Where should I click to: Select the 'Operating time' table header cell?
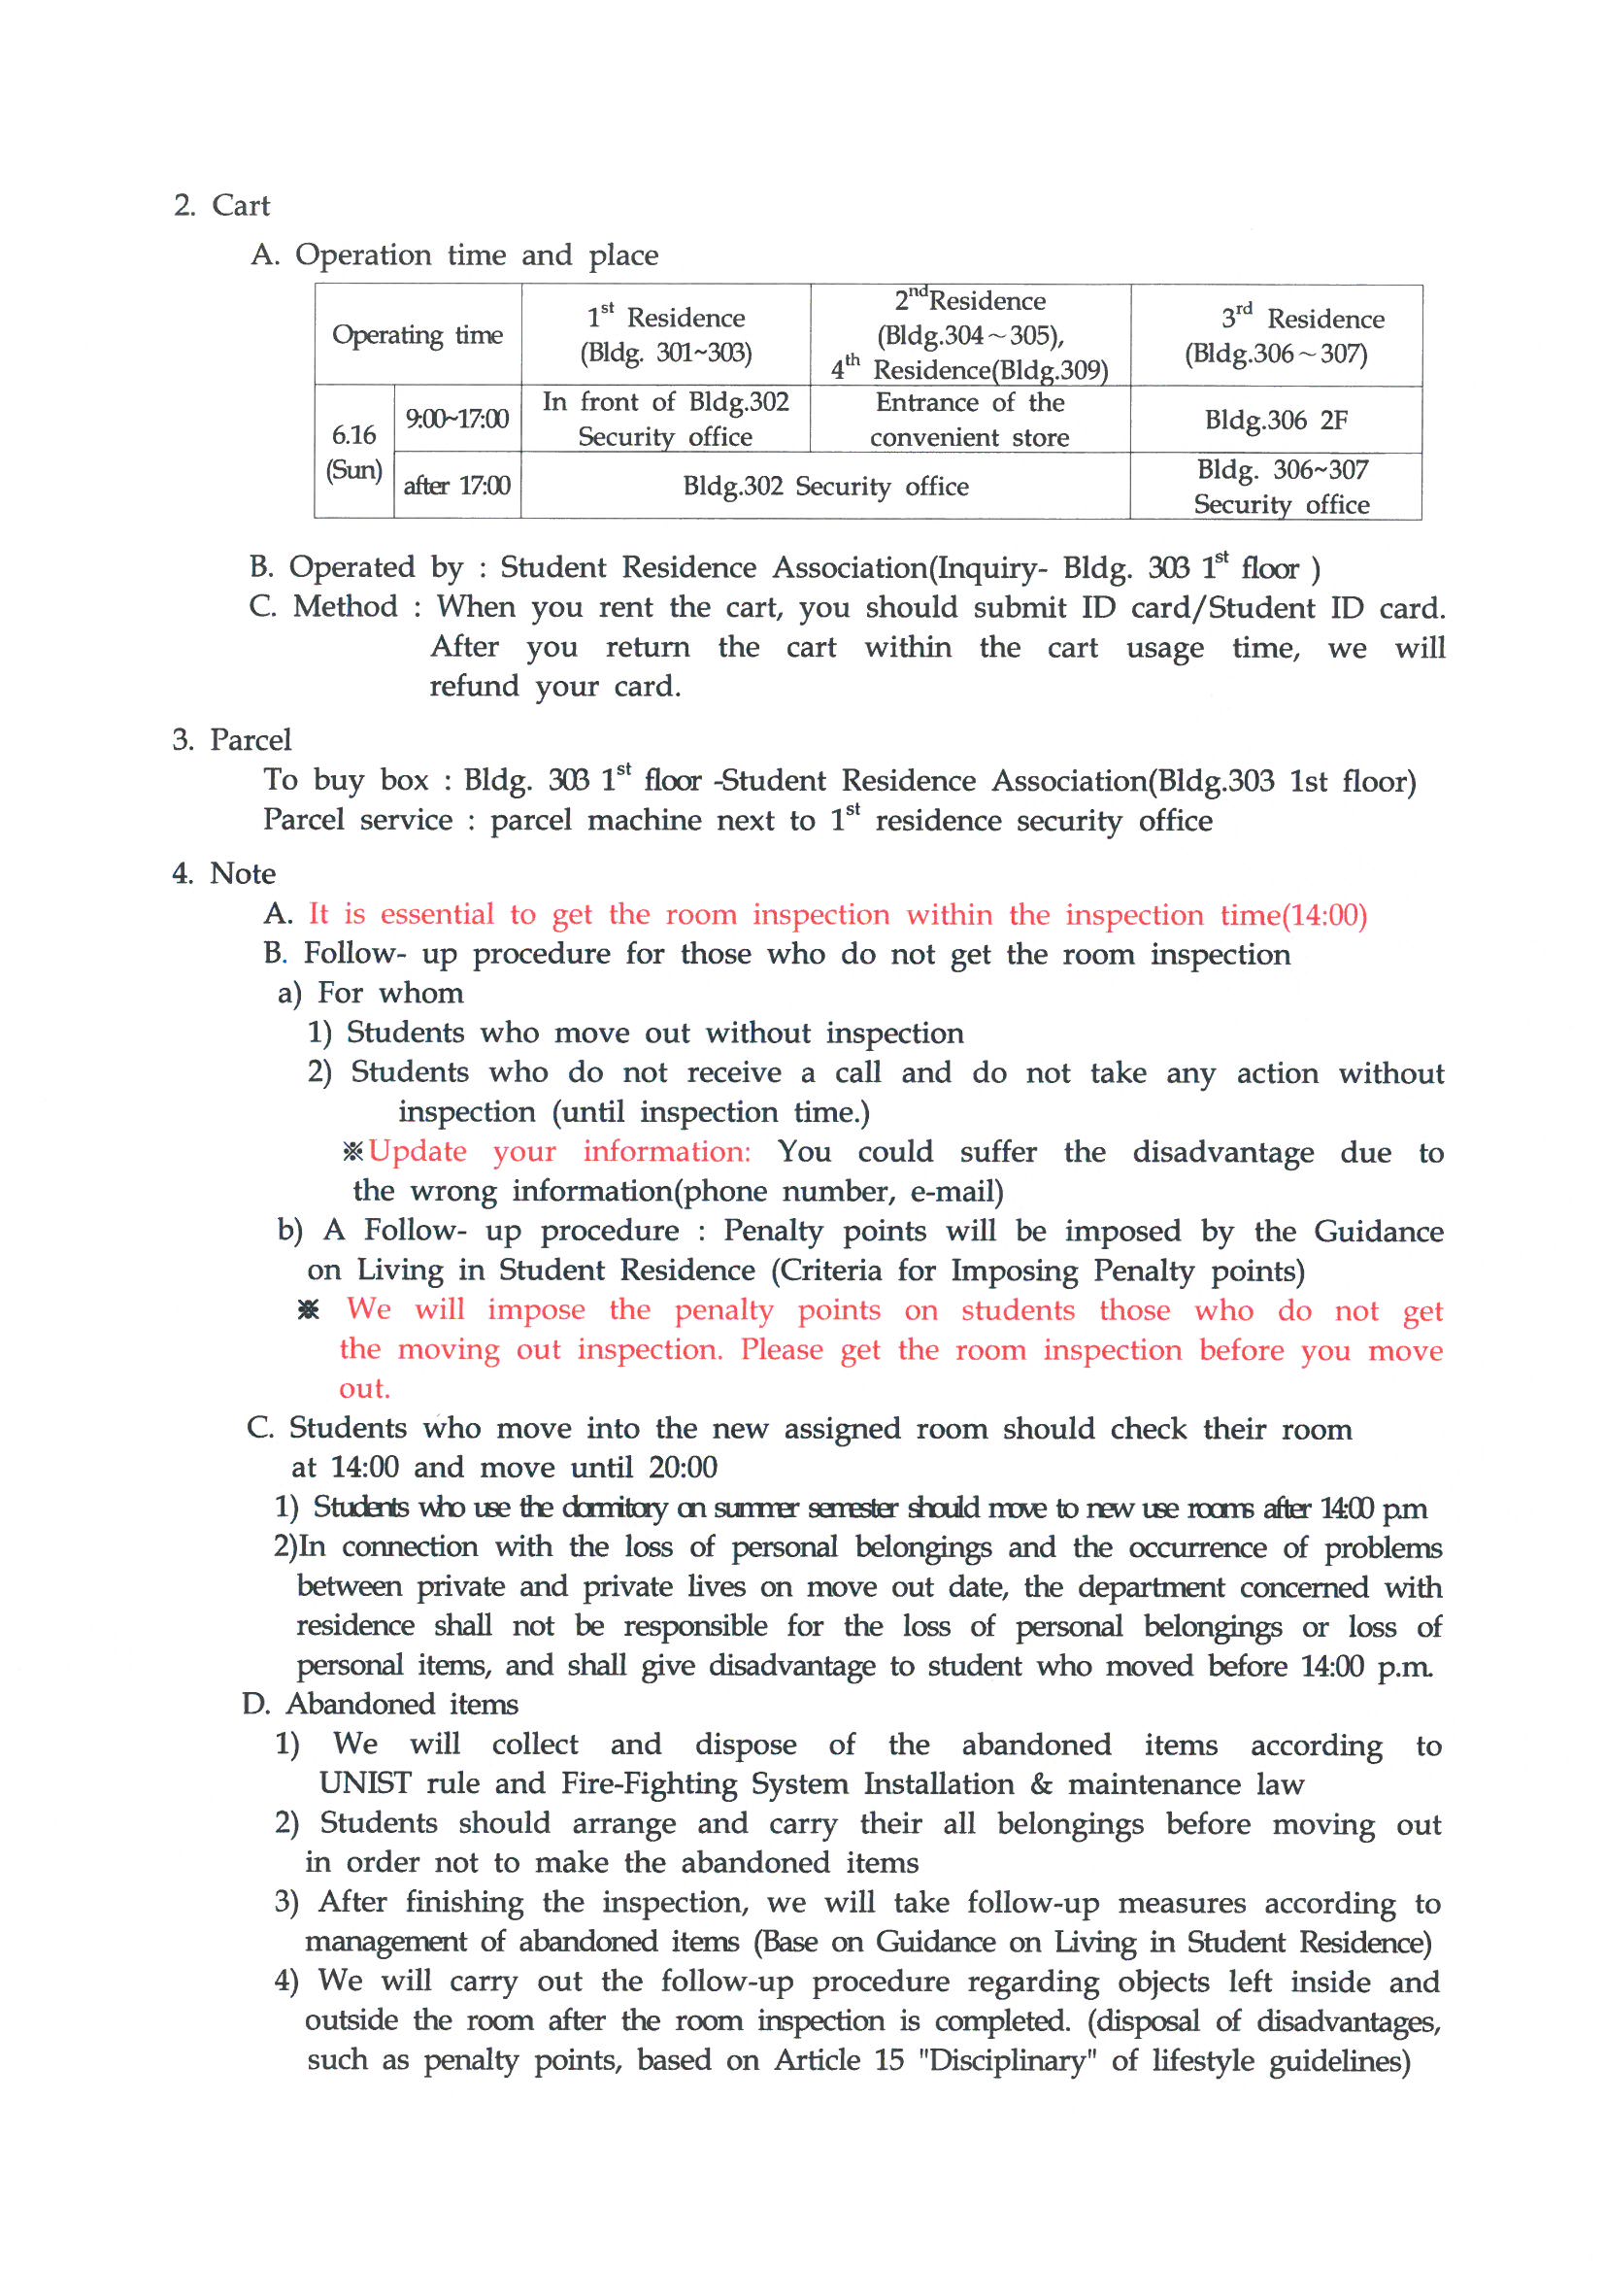tap(417, 335)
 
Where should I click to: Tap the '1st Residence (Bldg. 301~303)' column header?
tap(665, 335)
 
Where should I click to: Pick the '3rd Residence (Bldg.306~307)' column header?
tap(1276, 335)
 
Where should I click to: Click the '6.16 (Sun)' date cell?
tap(354, 451)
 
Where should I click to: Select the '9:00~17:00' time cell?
tap(457, 420)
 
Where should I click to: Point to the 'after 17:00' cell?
tap(457, 486)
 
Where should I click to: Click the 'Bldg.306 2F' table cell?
tap(1276, 421)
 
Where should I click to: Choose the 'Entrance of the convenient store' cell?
tap(969, 420)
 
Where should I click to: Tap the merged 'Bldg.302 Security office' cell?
tap(824, 486)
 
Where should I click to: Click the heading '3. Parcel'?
tap(231, 740)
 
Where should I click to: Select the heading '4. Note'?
tap(223, 873)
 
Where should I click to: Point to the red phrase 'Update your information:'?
tap(559, 1151)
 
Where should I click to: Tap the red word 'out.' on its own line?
tap(365, 1389)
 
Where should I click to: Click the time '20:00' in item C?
tap(684, 1468)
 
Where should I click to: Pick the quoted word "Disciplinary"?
tap(1008, 2060)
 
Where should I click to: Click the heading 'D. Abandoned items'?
tap(380, 1705)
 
